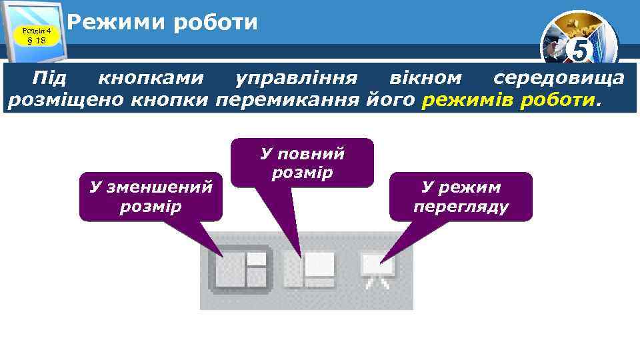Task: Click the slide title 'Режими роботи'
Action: [x=163, y=23]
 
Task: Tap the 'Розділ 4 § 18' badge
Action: [x=36, y=35]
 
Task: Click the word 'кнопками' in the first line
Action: [x=151, y=79]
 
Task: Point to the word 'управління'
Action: [x=297, y=79]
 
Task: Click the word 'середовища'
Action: [x=559, y=79]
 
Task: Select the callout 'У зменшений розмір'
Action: [x=151, y=197]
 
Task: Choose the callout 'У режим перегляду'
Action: [x=461, y=197]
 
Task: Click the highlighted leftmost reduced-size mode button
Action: [x=240, y=269]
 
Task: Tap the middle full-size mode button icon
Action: [x=309, y=269]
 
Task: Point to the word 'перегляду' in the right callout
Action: [x=461, y=207]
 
